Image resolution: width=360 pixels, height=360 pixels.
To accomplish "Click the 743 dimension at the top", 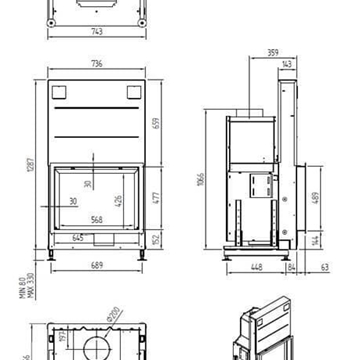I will pos(97,32).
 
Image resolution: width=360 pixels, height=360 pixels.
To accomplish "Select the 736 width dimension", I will pos(97,62).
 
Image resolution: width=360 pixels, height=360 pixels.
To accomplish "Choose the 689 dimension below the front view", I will pos(97,266).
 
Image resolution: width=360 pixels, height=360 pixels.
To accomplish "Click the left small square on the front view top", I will pos(57,93).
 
